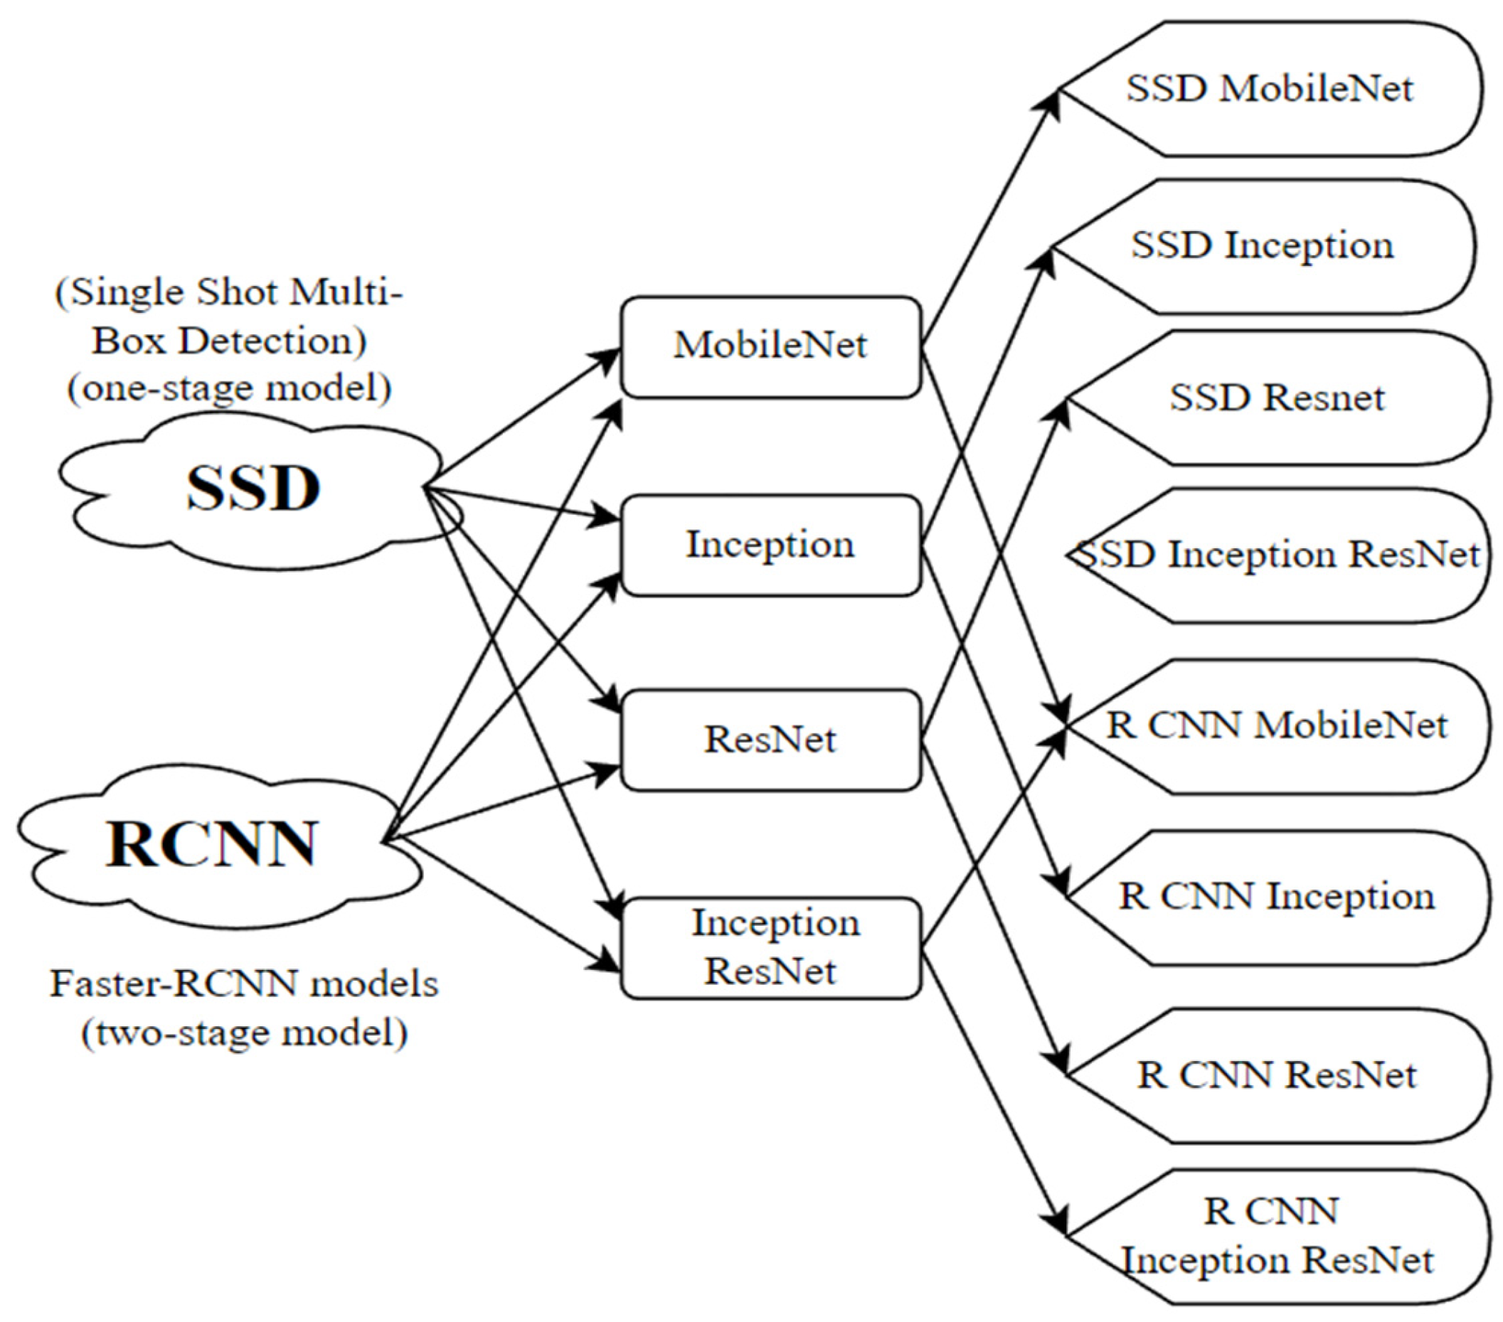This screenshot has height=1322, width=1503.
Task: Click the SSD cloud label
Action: [253, 489]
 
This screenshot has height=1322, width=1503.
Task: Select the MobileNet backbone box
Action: [770, 346]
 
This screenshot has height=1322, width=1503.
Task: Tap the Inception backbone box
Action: [770, 545]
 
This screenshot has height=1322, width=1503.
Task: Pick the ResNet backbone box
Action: [770, 740]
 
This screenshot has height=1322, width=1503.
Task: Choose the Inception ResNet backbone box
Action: [770, 947]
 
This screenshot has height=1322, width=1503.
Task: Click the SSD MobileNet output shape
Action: [1269, 89]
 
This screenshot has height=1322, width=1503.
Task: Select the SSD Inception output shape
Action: [1262, 245]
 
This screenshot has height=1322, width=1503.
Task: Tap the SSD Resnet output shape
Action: [1277, 398]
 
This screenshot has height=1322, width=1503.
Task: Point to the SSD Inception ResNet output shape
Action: [1277, 555]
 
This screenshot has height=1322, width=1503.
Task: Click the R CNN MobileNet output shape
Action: [1277, 725]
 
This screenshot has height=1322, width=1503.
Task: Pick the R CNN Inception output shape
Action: [1277, 897]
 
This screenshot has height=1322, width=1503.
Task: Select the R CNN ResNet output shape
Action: [1277, 1076]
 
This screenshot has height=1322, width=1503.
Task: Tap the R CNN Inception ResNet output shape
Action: [1277, 1237]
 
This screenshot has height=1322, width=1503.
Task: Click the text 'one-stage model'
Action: [230, 388]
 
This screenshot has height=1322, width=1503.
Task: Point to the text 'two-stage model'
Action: [244, 1033]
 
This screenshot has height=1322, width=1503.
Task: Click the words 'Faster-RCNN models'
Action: [244, 984]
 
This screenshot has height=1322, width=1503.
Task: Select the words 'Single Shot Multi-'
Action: [230, 293]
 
